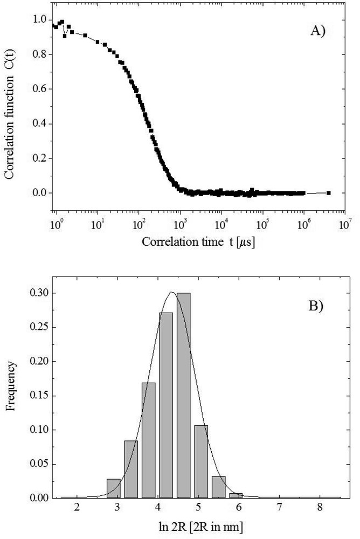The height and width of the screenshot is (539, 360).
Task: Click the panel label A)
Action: coord(319,32)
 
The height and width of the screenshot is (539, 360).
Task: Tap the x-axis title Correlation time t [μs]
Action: coord(198,243)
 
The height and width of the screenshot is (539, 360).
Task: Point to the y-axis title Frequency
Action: coord(12,396)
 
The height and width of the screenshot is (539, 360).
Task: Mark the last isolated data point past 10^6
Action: coord(328,192)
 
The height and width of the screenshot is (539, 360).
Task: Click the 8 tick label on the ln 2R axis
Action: coord(320,508)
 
